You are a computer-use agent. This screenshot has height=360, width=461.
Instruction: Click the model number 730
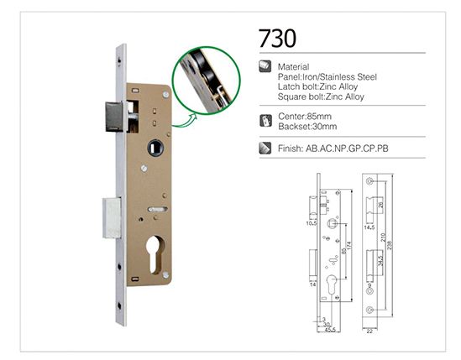(277, 39)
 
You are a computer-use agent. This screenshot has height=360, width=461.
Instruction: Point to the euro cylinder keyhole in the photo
(155, 254)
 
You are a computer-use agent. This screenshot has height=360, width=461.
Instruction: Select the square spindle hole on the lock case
(155, 148)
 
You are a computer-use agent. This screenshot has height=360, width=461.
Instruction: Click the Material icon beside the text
(265, 66)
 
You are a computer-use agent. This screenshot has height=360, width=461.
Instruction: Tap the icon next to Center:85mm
(266, 121)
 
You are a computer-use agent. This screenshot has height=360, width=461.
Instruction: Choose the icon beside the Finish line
(265, 149)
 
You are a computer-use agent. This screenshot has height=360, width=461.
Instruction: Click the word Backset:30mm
(307, 127)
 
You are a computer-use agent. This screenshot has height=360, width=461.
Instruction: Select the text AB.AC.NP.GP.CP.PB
(347, 149)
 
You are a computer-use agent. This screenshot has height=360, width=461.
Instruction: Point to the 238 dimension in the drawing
(390, 246)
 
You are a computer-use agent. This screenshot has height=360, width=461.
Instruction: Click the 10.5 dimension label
(312, 223)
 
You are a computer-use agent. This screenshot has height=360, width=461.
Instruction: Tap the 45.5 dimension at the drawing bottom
(330, 330)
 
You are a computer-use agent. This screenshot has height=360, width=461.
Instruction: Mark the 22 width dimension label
(369, 331)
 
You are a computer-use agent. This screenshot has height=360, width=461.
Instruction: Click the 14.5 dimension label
(369, 227)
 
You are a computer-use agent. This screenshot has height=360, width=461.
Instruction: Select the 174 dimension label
(349, 246)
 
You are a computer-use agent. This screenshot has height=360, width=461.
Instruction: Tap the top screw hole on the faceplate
(119, 60)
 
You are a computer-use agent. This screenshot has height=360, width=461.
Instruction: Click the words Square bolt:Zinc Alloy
(321, 97)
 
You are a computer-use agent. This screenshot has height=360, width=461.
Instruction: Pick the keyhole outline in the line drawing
(332, 284)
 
